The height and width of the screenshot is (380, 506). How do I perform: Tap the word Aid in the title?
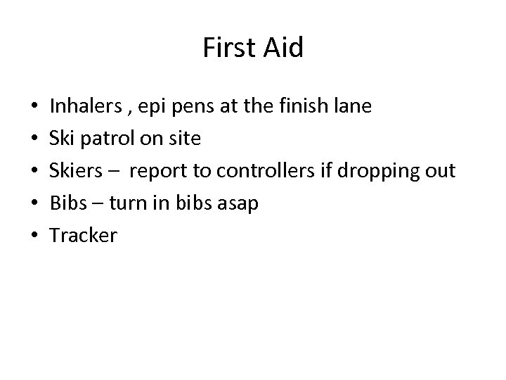[x=282, y=48]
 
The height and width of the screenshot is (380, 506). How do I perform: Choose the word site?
[x=185, y=139]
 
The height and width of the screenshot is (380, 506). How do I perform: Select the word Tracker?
[x=83, y=236]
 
